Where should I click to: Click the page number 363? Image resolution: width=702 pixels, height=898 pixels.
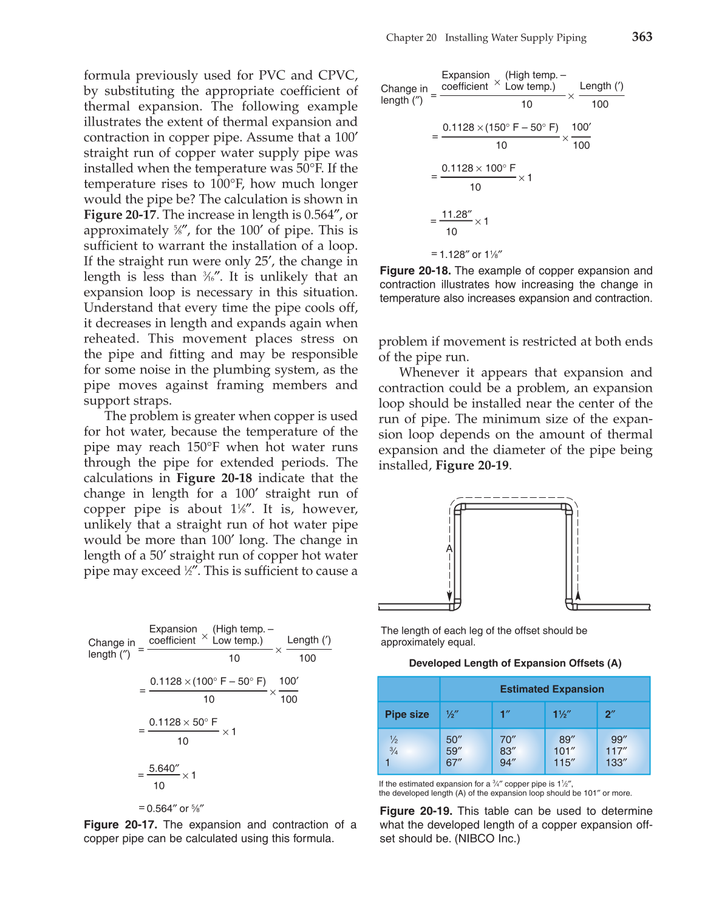[642, 36]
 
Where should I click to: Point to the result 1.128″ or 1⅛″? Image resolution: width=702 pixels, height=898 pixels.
[466, 254]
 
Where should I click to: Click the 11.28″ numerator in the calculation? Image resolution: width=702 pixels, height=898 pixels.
[456, 215]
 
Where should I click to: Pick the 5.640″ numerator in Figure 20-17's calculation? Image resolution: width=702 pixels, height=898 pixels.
[164, 769]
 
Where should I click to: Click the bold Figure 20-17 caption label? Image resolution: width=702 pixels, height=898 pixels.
[120, 825]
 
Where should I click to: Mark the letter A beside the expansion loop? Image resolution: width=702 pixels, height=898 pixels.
[449, 549]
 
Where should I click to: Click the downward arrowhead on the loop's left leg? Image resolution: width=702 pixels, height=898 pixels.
[449, 597]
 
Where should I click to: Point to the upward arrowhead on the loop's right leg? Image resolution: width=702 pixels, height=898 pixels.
[578, 596]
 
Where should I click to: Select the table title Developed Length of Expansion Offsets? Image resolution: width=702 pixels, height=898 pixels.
[515, 663]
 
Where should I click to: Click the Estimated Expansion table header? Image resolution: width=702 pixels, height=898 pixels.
[551, 689]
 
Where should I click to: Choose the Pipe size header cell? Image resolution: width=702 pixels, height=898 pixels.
[407, 715]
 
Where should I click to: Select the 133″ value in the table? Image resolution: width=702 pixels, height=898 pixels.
[616, 763]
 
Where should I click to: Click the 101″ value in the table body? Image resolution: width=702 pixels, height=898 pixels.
[564, 751]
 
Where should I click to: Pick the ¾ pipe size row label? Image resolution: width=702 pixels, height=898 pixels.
[394, 751]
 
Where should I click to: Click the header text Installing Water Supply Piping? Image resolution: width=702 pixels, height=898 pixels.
[516, 38]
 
